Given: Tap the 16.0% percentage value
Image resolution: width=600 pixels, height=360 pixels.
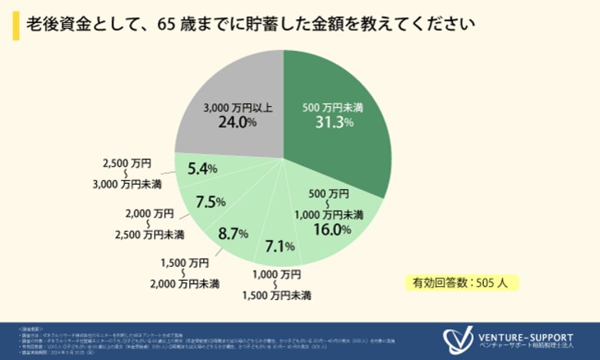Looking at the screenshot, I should click(332, 229).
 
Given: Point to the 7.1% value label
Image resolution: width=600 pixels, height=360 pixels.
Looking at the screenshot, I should click(279, 247).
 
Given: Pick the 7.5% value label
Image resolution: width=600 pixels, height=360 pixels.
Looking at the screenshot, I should click(210, 202).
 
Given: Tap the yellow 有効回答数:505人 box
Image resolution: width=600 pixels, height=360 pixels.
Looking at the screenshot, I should click(461, 282).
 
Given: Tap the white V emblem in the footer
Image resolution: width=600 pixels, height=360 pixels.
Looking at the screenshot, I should click(458, 340).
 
